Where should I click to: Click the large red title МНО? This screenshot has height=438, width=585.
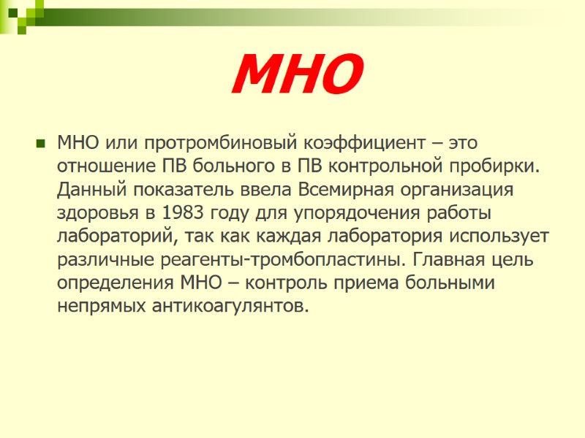[x=297, y=76]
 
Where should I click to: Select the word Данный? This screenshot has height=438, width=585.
[x=86, y=189]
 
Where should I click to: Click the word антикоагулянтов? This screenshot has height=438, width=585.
[x=228, y=306]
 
